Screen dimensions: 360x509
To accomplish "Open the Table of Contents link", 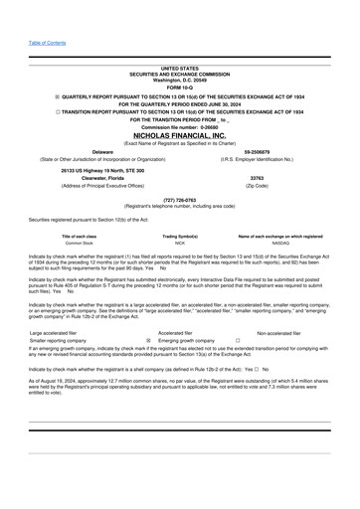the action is coord(48,44).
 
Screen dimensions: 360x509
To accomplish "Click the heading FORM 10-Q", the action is coord(179,87).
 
